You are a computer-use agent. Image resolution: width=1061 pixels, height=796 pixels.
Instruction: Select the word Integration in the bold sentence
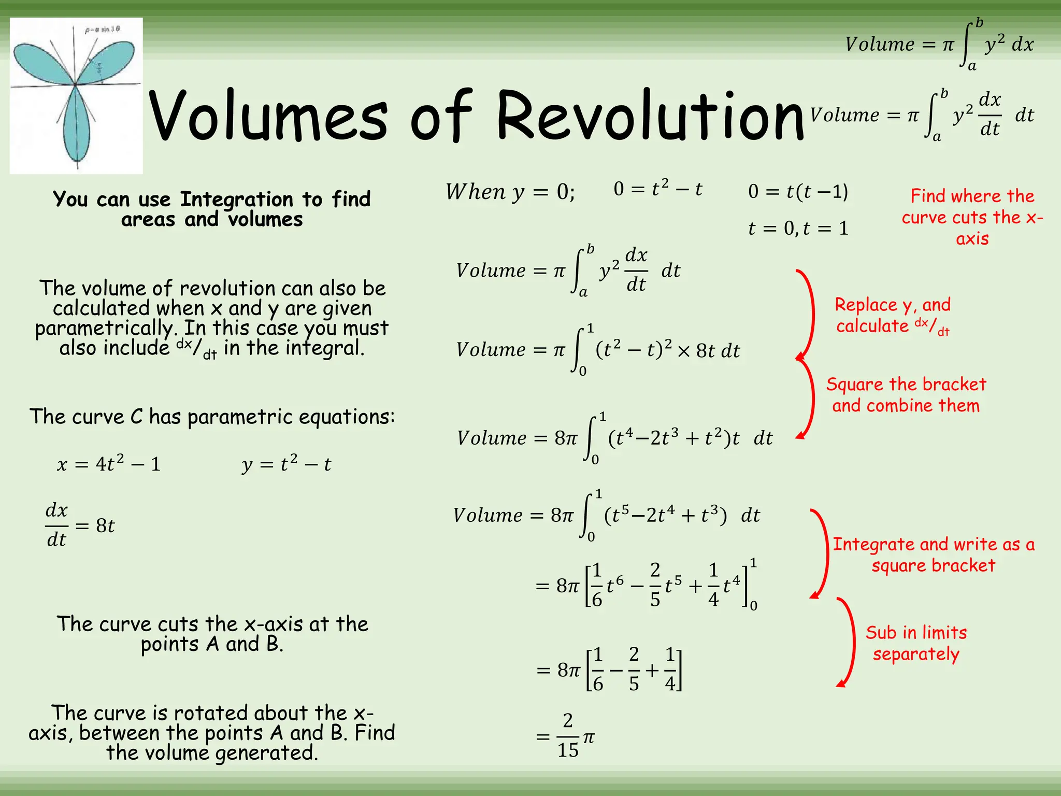point(237,199)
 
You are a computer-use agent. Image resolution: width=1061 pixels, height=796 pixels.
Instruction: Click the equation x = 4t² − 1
point(109,463)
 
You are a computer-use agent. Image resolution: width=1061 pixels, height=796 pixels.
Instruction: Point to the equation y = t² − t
point(286,463)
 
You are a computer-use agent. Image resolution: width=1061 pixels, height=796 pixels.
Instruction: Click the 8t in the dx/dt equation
point(105,525)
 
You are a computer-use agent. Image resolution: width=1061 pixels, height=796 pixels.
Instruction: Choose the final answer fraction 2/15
point(568,736)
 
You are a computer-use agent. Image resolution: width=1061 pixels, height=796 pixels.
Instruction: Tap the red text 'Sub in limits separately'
point(916,643)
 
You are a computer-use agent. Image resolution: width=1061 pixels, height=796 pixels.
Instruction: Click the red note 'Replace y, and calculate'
point(893,315)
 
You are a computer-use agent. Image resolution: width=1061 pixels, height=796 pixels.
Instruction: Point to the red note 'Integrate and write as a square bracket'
point(933,555)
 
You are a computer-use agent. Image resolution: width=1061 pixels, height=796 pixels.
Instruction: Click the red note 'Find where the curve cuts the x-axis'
point(972,217)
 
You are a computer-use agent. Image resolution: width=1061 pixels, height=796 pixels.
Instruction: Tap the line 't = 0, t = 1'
point(798,228)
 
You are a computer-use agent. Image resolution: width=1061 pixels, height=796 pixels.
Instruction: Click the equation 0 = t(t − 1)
point(798,192)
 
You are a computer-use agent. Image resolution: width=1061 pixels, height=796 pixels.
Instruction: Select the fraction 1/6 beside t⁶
point(597,585)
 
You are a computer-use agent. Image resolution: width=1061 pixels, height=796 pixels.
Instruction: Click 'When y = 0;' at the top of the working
point(510,192)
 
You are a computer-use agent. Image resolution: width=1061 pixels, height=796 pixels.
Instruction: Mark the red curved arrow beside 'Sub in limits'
point(848,643)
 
